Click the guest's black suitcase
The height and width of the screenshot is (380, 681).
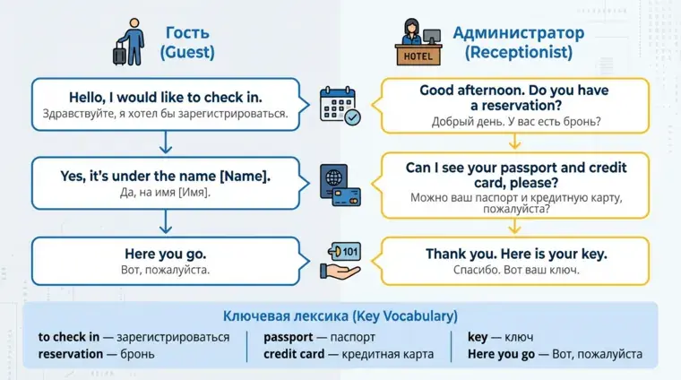click(119, 54)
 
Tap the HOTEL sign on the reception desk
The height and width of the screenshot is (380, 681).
click(418, 56)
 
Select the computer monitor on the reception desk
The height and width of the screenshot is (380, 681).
click(432, 37)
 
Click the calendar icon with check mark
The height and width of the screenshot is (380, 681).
click(340, 106)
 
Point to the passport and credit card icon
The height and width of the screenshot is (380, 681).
click(340, 185)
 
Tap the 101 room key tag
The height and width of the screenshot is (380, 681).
click(344, 252)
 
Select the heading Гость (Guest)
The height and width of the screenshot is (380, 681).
click(187, 42)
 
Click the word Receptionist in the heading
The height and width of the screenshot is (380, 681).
click(519, 52)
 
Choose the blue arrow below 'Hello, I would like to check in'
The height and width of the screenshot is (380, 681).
click(166, 142)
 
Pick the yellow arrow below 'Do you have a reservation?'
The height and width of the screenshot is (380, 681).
click(514, 142)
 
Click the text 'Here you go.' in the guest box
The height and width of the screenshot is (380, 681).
click(166, 254)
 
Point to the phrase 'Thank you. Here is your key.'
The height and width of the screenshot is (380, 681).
click(516, 254)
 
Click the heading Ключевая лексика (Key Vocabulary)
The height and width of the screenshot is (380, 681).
click(340, 316)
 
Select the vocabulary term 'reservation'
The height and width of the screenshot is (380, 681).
click(71, 354)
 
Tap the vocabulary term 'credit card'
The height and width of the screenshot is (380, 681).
click(294, 354)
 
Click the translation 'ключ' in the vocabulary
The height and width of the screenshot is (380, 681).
click(519, 337)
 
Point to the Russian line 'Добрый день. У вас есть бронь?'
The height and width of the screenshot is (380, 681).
click(516, 122)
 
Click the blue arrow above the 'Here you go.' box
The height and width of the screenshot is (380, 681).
click(166, 222)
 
